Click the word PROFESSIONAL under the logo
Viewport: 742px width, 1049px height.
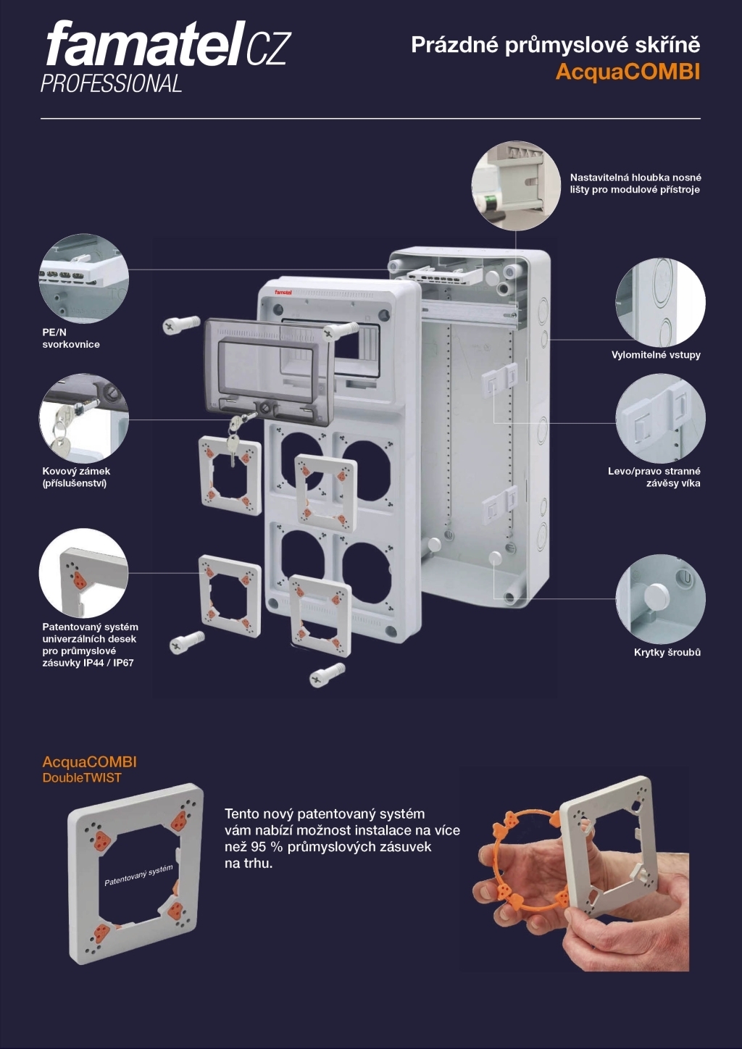pos(111,84)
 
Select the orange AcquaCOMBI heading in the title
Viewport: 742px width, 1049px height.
pos(628,72)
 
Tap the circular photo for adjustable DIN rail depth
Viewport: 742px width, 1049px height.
pos(515,185)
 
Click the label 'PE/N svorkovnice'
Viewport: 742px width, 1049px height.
pos(70,338)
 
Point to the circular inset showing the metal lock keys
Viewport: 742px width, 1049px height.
pos(83,419)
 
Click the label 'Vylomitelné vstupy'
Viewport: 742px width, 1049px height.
pos(656,355)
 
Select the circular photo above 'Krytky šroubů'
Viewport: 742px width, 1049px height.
pos(660,598)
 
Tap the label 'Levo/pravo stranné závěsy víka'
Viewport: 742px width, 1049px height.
pos(654,477)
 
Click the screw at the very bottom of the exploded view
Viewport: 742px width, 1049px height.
pos(327,674)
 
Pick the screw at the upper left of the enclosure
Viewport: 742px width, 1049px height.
pos(180,325)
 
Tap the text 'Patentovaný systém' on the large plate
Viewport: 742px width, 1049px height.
pos(138,875)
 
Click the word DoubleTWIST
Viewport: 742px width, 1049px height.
pos(82,778)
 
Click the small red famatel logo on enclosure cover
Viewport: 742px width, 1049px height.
pos(282,293)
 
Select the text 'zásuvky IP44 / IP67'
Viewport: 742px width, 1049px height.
pos(88,663)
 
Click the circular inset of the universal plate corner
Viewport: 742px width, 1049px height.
pos(83,573)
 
